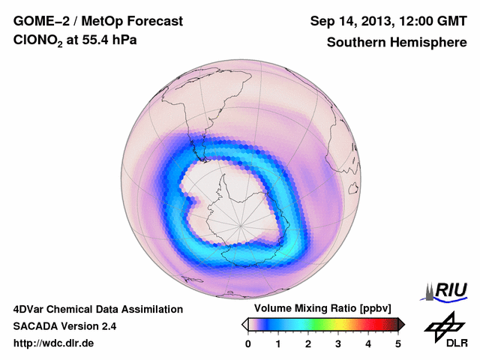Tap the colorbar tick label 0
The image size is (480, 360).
[x=248, y=343]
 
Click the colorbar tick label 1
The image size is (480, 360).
[x=278, y=343]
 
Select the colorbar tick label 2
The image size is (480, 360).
[x=308, y=343]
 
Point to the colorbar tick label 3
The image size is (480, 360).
[x=338, y=343]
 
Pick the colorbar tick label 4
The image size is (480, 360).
[x=368, y=343]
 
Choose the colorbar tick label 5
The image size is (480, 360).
[x=398, y=343]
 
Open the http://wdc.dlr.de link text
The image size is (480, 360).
[x=54, y=344]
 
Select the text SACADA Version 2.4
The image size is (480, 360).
[x=64, y=326]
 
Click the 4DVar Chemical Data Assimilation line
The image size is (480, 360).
[x=97, y=309]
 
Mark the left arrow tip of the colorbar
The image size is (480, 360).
[x=244, y=324]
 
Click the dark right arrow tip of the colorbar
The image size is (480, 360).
[x=402, y=324]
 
